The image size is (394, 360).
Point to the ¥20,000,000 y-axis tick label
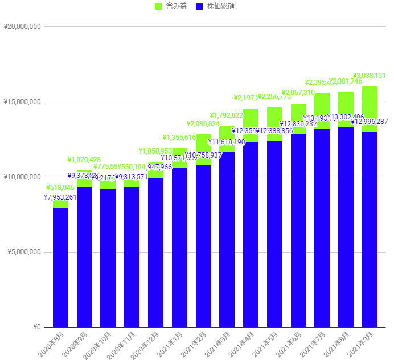(x=22, y=27)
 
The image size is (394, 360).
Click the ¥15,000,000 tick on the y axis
(x=22, y=102)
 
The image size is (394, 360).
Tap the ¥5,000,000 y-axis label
(x=23, y=252)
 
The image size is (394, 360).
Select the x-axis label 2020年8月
(x=54, y=344)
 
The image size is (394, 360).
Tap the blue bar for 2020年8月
(x=61, y=267)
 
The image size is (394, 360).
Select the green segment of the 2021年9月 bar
(x=370, y=102)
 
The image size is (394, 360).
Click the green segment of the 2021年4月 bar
(x=251, y=119)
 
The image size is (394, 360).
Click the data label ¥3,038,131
(x=370, y=75)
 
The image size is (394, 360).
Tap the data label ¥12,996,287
(x=371, y=122)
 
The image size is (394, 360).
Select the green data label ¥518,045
(x=61, y=187)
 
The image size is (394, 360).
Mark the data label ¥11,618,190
(x=227, y=142)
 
